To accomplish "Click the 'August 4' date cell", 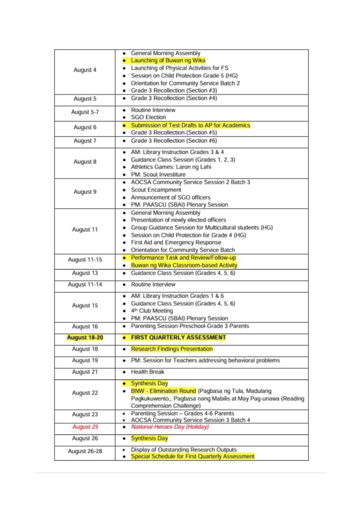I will [x=85, y=70].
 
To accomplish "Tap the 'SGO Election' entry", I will [x=148, y=117].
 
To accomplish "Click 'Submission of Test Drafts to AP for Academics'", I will [x=190, y=125].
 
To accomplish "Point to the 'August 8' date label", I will [x=85, y=162].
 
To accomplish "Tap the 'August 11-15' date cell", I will [x=85, y=259].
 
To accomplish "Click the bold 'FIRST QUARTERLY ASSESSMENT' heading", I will [x=178, y=338].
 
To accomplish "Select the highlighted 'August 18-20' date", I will [x=85, y=338].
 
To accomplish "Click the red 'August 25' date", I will [x=85, y=427].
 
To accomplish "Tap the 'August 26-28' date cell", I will [x=85, y=453].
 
